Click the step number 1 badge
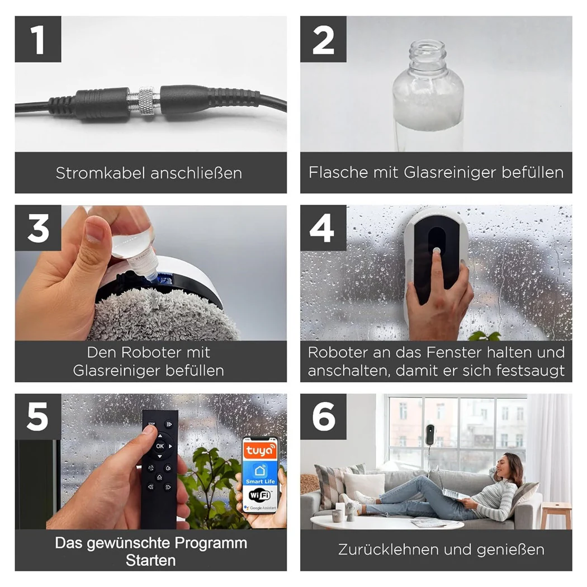click(x=38, y=39)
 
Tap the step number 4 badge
click(x=323, y=228)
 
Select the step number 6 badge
click(x=323, y=416)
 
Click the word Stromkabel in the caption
click(x=100, y=173)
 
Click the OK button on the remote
click(x=160, y=446)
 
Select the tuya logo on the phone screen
click(x=260, y=451)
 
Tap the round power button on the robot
click(x=437, y=250)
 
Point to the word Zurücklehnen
click(x=388, y=550)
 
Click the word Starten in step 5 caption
click(x=150, y=560)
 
